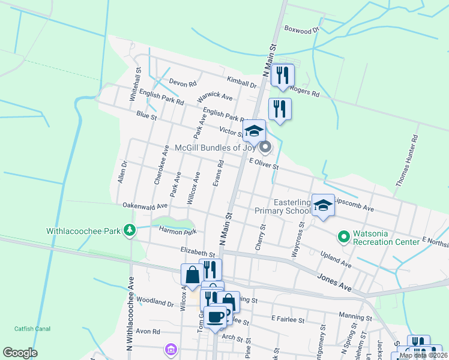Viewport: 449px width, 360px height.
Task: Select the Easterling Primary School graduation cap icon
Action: point(324,206)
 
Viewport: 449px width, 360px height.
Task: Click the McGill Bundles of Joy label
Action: point(215,148)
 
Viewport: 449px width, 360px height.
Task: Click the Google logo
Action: point(20,353)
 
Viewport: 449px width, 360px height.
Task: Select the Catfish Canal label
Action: point(32,328)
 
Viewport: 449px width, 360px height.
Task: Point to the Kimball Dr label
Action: point(241,82)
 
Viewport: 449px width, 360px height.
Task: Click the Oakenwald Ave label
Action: point(145,205)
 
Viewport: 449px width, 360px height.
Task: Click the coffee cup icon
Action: point(215,317)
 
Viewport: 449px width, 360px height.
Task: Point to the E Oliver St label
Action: point(264,163)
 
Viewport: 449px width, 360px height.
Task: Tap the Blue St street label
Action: point(146,115)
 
